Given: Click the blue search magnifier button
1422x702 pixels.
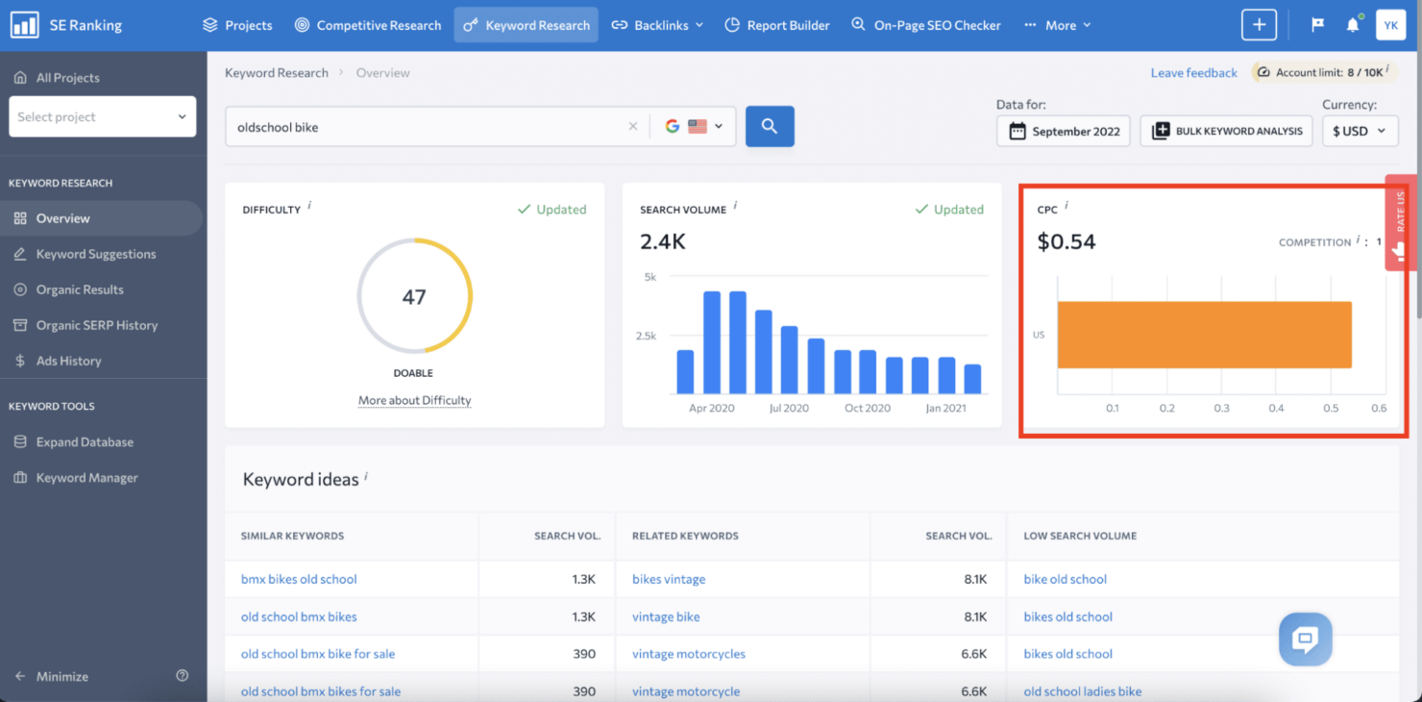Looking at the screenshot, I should point(770,126).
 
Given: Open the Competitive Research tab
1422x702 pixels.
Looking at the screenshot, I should point(368,25).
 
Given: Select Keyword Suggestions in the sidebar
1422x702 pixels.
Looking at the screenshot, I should point(95,254).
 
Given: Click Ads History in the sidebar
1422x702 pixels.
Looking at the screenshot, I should point(68,361).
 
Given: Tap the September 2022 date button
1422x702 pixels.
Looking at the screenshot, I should point(1065,132).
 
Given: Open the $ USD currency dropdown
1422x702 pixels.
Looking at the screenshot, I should point(1360,132).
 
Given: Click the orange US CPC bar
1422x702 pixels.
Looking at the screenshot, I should point(1204,335).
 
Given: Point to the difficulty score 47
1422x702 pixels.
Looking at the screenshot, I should point(414,297).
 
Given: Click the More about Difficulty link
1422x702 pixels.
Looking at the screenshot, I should point(414,400).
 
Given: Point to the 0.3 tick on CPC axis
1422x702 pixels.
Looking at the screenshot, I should point(1221,408).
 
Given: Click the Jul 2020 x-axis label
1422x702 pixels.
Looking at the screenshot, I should point(789,408).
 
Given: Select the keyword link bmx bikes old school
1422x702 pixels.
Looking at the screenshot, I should point(299,579).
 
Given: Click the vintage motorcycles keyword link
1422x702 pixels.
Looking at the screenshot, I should point(688,654).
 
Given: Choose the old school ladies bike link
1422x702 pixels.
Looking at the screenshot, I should point(1082,691).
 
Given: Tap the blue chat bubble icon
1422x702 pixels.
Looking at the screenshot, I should point(1305,639).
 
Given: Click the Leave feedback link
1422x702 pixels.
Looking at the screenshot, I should point(1193,73).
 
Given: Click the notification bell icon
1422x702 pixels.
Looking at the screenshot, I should point(1352,25).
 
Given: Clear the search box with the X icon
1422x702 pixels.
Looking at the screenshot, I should point(632,126).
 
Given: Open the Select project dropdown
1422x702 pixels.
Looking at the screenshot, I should point(102,116).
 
